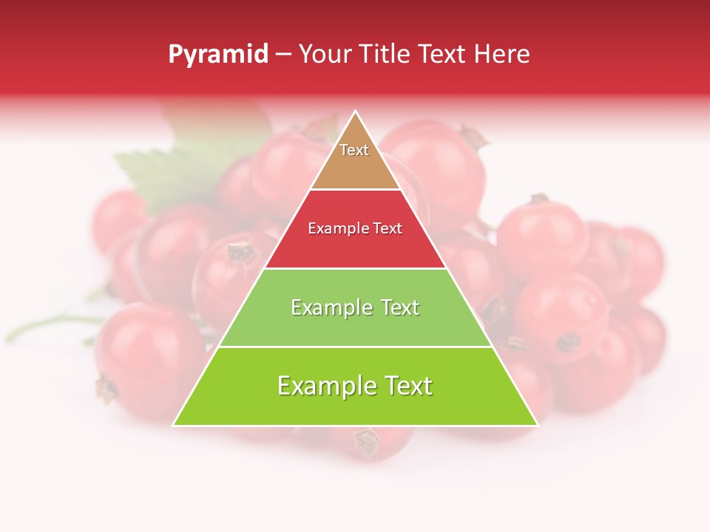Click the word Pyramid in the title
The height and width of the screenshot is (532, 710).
click(x=218, y=55)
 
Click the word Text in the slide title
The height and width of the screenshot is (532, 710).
click(x=442, y=54)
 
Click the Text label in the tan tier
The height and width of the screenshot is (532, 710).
click(x=354, y=150)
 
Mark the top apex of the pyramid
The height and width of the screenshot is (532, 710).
click(x=356, y=112)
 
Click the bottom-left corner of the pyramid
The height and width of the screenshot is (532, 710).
click(x=175, y=425)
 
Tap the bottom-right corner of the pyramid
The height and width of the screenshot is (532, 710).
click(x=536, y=425)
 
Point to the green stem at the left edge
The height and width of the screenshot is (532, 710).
click(x=44, y=325)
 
